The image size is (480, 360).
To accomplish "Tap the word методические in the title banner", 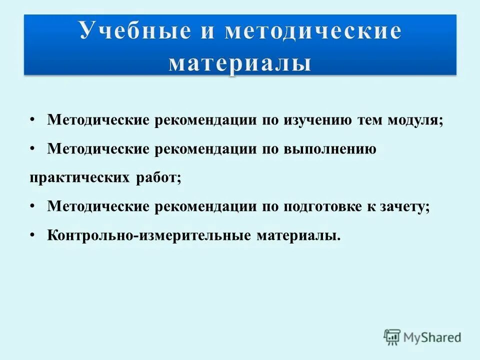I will (x=312, y=31).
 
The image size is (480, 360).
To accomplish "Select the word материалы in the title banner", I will (x=240, y=63).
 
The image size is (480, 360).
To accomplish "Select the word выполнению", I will (x=329, y=149).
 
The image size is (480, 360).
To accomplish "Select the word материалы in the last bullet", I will (x=298, y=235).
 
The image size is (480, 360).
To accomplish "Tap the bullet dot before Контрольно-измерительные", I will (x=32, y=235).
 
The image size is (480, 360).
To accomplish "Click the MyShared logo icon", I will (x=392, y=336).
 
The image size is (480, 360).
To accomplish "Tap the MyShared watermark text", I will (x=433, y=337).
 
